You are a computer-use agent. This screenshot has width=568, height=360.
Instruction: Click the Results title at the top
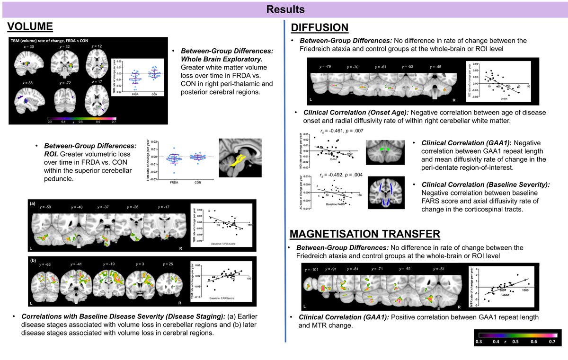284,9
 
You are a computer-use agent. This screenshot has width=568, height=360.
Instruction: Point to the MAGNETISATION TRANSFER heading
364,233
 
